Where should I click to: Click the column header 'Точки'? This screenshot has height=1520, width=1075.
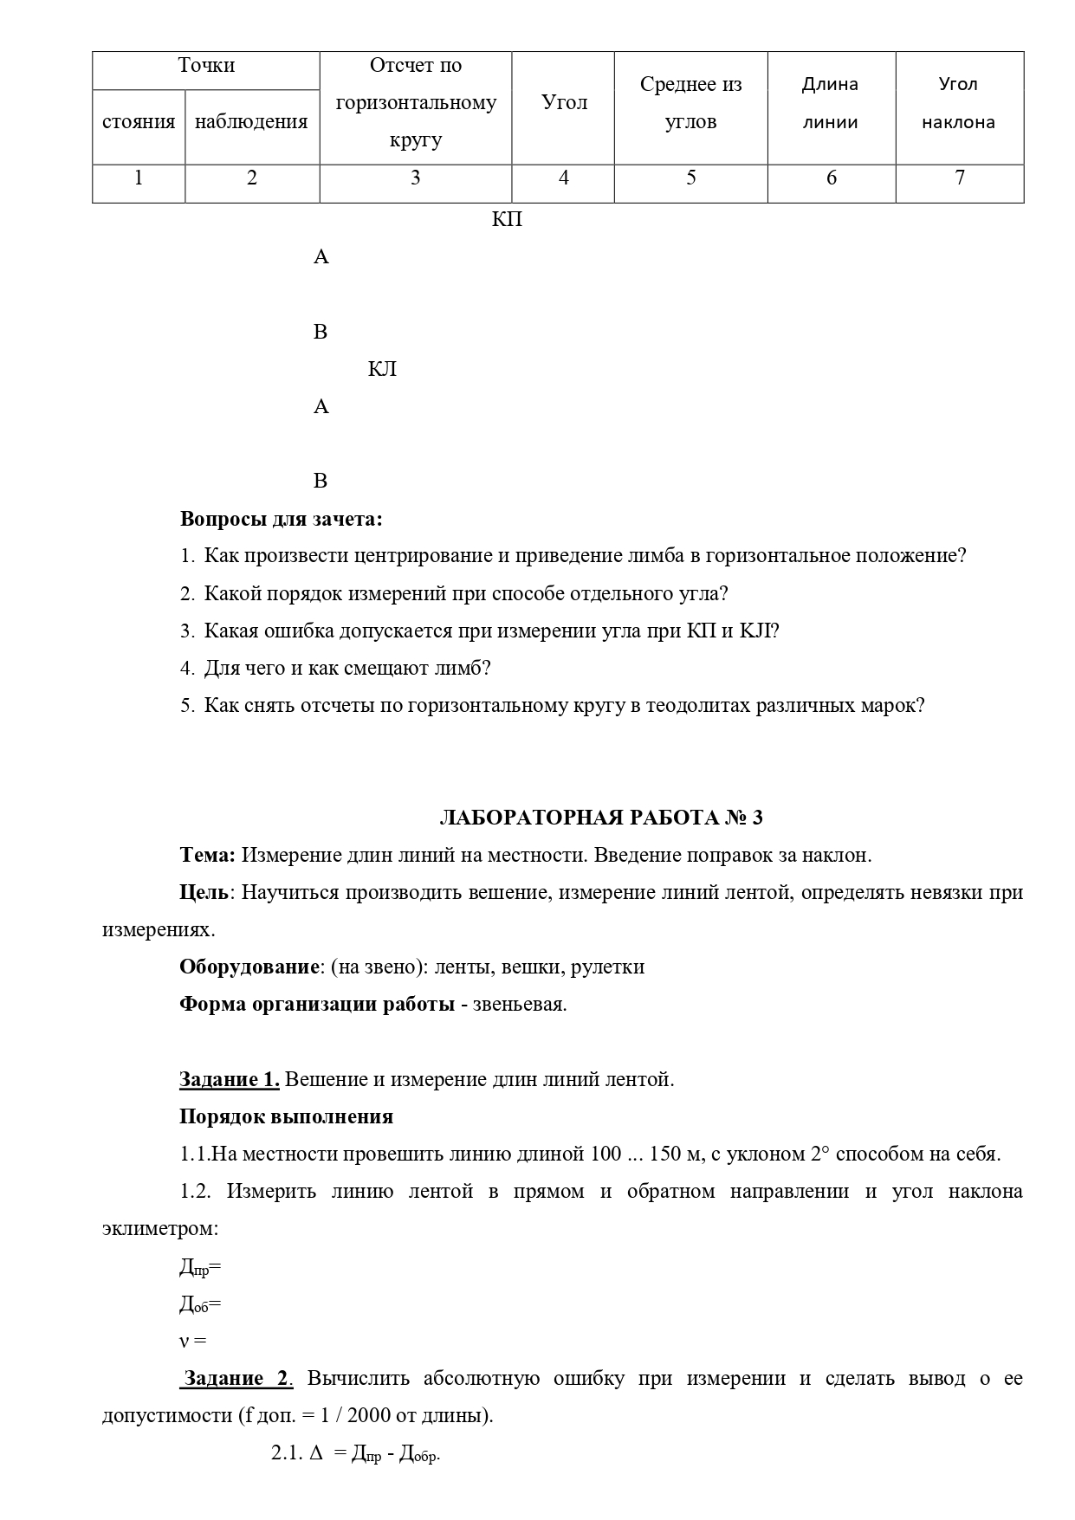(206, 66)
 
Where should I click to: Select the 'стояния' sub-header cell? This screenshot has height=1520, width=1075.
(139, 122)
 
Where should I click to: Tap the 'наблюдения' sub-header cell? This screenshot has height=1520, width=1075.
(251, 122)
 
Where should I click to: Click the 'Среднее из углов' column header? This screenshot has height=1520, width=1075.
(690, 103)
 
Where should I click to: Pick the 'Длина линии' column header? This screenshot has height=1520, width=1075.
(830, 103)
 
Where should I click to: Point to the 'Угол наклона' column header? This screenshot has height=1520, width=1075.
(958, 103)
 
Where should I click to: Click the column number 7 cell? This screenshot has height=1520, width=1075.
(959, 178)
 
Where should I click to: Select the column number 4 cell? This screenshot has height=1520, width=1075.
(563, 178)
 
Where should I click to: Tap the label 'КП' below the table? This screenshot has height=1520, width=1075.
(507, 220)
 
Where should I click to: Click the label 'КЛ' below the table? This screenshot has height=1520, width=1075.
(382, 370)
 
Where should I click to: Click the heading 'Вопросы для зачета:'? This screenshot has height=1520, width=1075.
(281, 520)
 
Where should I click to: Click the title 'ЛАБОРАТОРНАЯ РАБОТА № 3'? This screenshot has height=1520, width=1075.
(601, 818)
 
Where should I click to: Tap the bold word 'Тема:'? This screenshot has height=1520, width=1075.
(207, 856)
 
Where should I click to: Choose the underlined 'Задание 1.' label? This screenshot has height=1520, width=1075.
(229, 1080)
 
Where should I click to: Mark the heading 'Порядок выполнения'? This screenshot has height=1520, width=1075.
(286, 1117)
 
